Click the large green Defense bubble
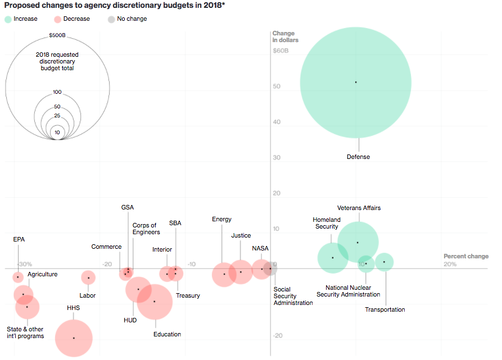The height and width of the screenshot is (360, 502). [x=355, y=83]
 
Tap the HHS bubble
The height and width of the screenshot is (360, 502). [x=74, y=338]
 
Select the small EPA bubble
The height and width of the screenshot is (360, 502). [x=18, y=277]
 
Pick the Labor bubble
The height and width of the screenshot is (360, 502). [x=88, y=277]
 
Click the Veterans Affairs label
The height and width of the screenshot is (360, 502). [x=359, y=208]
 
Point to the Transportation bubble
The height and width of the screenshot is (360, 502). [x=384, y=262]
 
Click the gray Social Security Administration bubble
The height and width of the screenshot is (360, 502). [x=270, y=269]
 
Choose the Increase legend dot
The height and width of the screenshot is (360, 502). [x=8, y=19]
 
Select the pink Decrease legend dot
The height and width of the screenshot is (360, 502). [x=58, y=19]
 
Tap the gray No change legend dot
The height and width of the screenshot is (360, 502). [x=111, y=19]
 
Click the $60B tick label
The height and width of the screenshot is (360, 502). [x=281, y=51]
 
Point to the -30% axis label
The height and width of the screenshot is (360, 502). [x=24, y=264]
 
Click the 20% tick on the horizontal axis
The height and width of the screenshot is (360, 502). [x=450, y=264]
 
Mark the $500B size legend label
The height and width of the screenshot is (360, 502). [x=57, y=35]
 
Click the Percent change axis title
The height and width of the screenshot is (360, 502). [x=465, y=257]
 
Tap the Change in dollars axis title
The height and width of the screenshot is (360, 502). [x=285, y=37]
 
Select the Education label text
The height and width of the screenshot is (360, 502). [x=167, y=334]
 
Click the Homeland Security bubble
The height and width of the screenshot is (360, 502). [x=333, y=258]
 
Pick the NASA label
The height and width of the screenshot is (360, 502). [x=260, y=248]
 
